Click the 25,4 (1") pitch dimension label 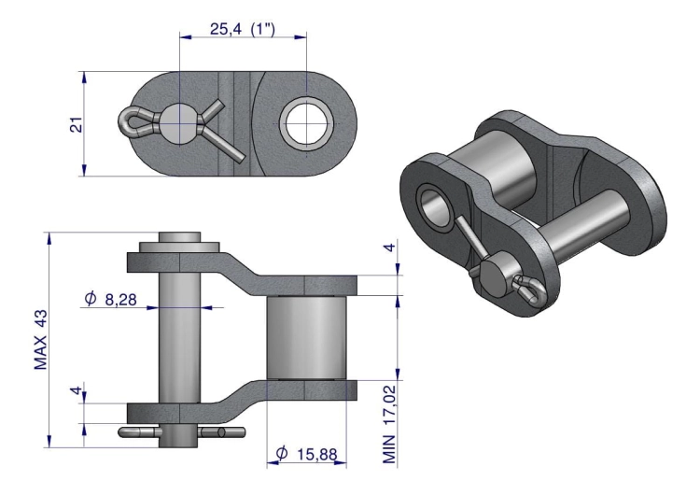243,30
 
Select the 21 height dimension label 77,124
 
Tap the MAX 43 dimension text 41,340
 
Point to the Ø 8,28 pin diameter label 110,299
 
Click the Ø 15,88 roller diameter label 307,454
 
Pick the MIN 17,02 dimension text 389,424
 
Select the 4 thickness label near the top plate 390,247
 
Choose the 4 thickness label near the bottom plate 77,390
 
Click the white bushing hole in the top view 307,123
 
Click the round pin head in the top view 179,124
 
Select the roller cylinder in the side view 306,338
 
